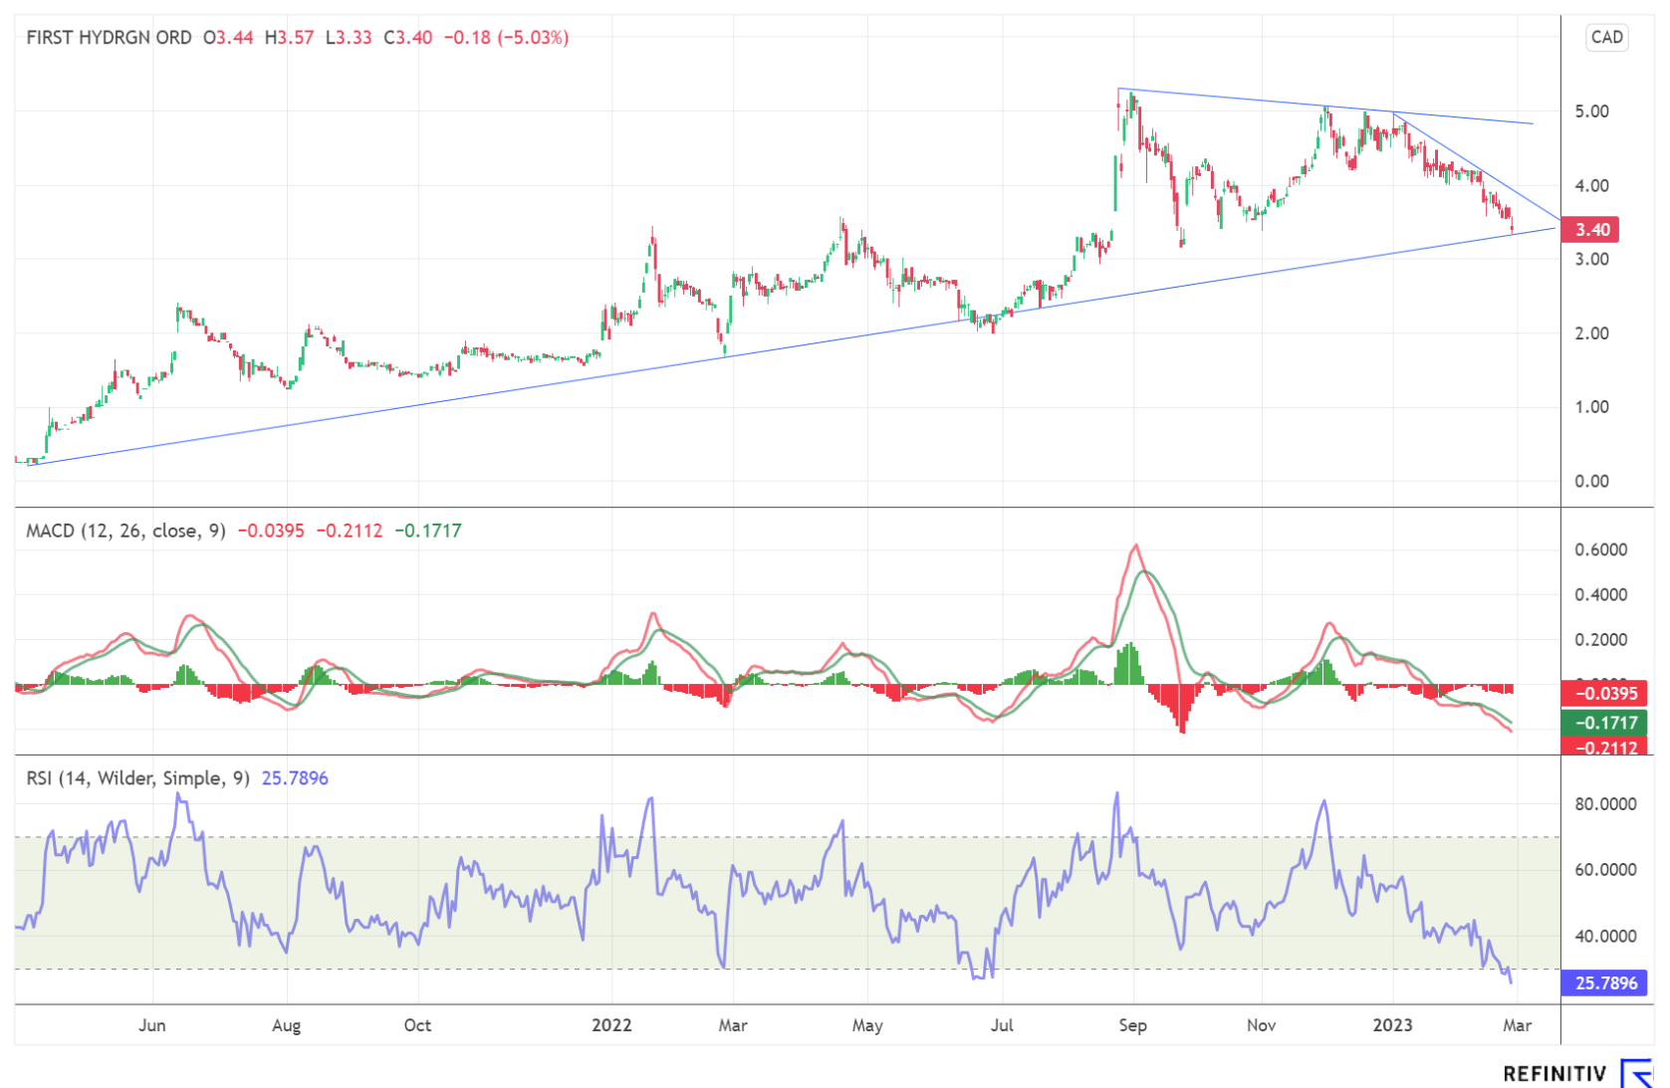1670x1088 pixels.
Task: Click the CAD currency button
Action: (x=1606, y=38)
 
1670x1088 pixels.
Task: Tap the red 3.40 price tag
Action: (x=1591, y=230)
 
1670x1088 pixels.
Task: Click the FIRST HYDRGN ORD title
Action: (x=109, y=38)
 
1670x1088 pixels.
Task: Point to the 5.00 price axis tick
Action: (x=1591, y=111)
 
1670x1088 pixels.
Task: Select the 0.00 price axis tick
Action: (x=1591, y=482)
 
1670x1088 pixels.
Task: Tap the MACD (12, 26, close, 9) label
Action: (x=125, y=531)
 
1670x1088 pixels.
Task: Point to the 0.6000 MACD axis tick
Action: (x=1600, y=549)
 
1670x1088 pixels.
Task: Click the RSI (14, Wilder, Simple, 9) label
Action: (x=137, y=778)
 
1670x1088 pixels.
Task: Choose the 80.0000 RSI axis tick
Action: (x=1604, y=804)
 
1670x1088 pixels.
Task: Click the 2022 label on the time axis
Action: (x=611, y=1025)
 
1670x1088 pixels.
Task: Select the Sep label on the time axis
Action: (x=1132, y=1025)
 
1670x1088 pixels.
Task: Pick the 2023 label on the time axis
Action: (x=1392, y=1025)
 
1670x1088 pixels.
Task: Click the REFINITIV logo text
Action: (x=1554, y=1074)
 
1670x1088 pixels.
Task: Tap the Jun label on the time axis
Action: (x=152, y=1025)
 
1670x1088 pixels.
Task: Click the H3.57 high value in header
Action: (x=289, y=38)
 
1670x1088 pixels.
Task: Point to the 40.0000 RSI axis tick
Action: (x=1604, y=937)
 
